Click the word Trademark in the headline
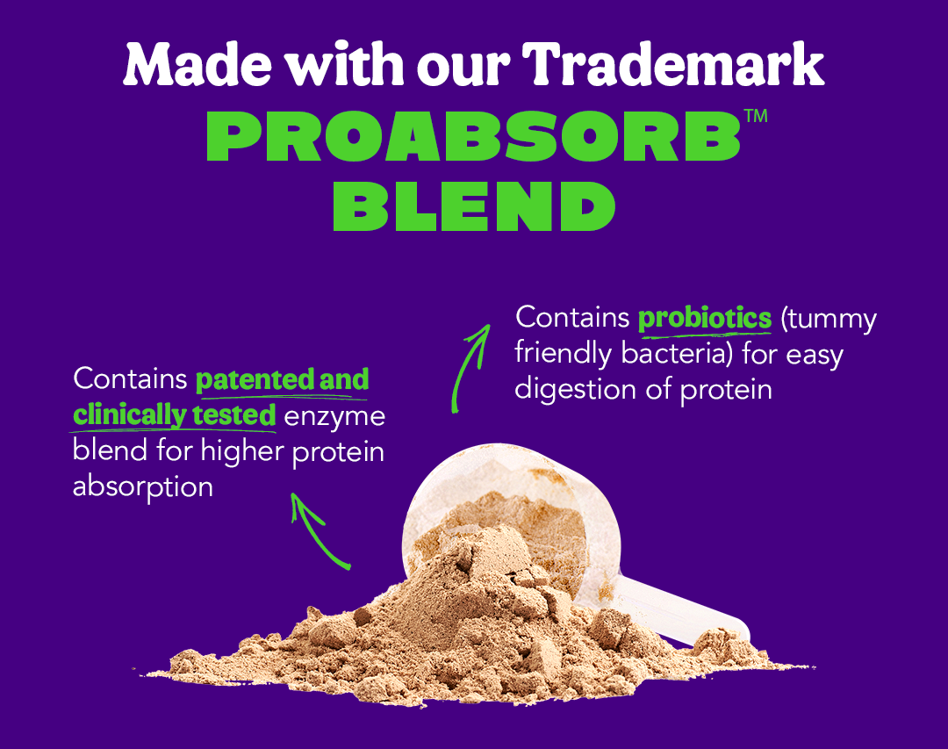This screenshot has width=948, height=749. point(672,63)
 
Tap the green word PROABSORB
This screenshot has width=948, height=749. point(473,136)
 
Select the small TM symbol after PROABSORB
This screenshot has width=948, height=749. point(756,116)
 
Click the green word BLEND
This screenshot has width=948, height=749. point(474,205)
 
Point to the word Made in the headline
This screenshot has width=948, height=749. point(197,63)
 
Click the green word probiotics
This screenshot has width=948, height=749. point(705,318)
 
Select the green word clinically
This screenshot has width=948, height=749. point(129,415)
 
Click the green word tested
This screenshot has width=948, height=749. point(234,415)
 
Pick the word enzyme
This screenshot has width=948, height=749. point(334,417)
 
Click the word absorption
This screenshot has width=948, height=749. point(143,487)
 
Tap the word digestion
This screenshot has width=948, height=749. point(575,390)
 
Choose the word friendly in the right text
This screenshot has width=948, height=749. point(563,354)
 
